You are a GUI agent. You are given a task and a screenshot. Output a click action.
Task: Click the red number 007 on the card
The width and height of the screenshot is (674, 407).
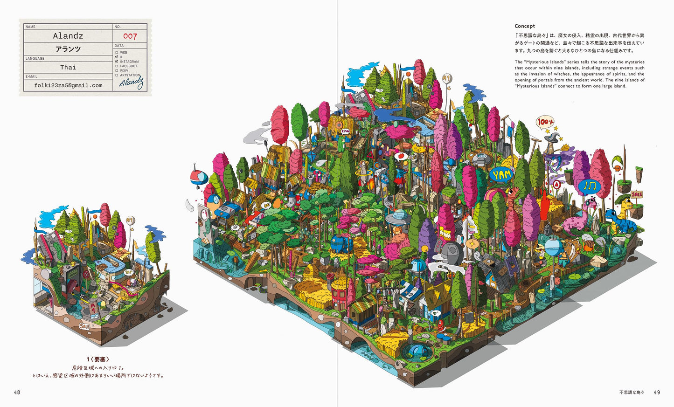[x=130, y=36]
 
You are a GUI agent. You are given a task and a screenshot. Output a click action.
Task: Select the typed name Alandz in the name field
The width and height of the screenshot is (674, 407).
[x=68, y=36]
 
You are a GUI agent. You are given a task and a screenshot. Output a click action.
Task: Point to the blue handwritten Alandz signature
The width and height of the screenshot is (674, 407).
[x=131, y=83]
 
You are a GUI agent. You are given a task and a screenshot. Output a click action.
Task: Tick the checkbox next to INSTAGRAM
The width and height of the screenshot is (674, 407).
[x=117, y=61]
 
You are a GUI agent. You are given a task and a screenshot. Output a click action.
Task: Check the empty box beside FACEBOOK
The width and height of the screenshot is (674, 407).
[x=117, y=66]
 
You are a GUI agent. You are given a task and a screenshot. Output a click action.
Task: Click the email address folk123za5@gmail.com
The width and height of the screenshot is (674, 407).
[x=68, y=85]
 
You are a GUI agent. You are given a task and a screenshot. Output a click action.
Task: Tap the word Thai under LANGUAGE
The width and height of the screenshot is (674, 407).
[x=68, y=67]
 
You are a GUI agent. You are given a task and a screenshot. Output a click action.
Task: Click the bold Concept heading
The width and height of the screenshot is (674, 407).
[x=525, y=26]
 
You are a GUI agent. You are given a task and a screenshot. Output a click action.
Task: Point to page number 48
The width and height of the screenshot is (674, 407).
[x=17, y=392]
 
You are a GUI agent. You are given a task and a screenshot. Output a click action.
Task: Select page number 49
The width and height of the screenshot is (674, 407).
[x=657, y=392]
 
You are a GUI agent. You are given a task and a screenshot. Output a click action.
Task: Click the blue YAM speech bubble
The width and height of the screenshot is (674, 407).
[x=502, y=175]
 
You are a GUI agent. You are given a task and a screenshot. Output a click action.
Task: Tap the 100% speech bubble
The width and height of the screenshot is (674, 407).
[x=544, y=122]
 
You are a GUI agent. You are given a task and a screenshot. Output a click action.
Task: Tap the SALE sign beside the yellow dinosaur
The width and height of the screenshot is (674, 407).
[x=637, y=194]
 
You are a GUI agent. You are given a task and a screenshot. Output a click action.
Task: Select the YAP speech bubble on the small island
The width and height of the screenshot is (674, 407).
[x=129, y=271]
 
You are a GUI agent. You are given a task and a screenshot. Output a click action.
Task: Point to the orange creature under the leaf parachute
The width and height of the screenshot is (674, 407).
[x=617, y=167]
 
